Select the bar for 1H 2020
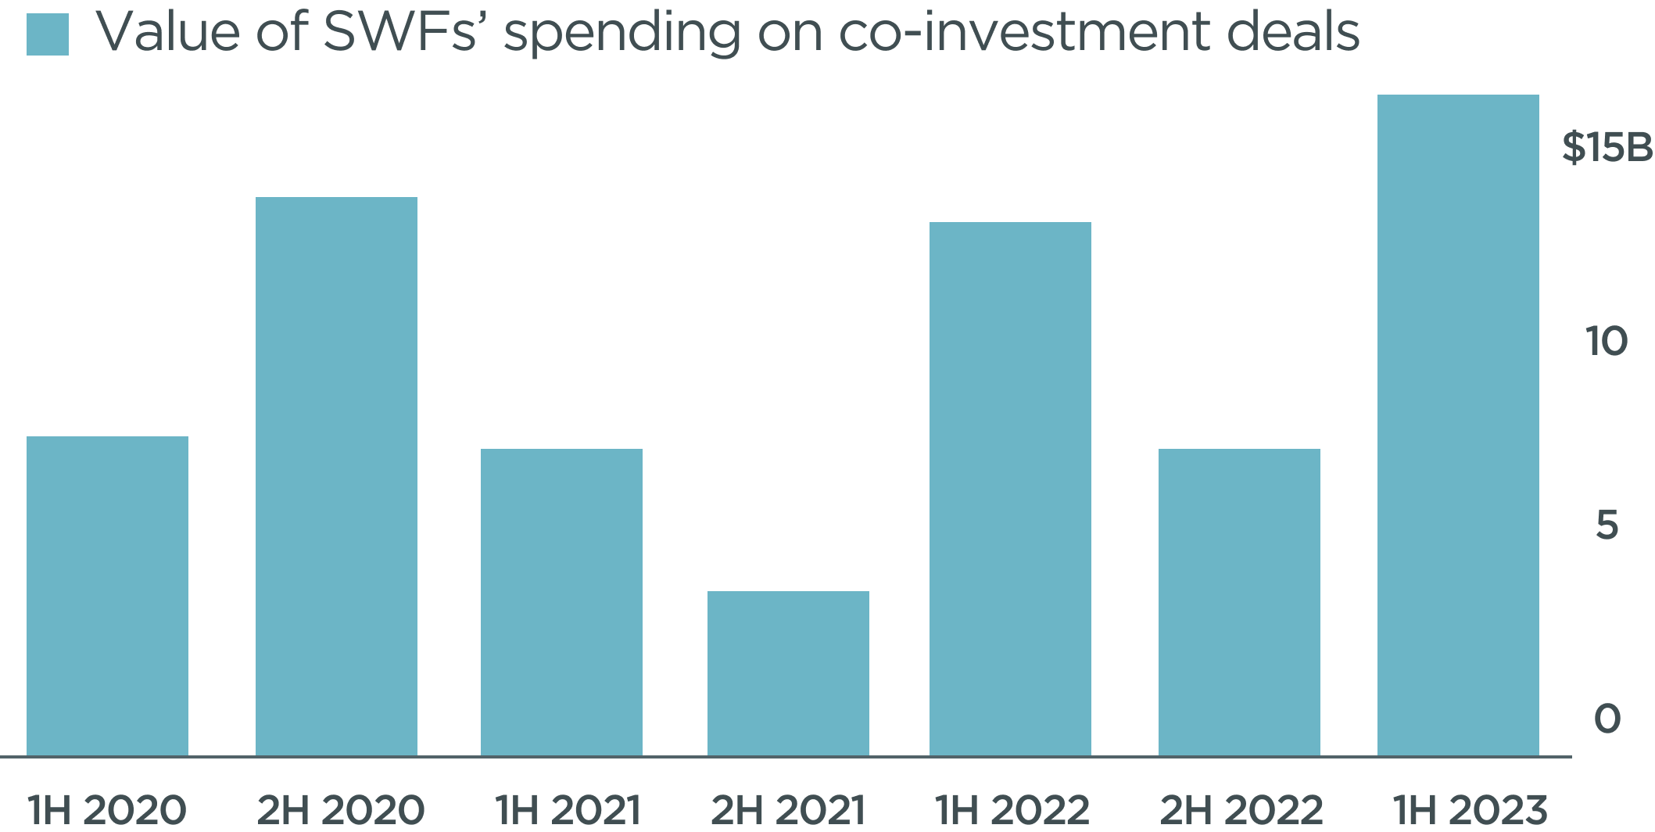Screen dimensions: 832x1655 click(x=107, y=596)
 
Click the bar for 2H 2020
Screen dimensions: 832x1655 click(x=336, y=476)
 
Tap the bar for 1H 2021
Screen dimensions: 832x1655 click(x=561, y=602)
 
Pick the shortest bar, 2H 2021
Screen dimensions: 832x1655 click(x=788, y=673)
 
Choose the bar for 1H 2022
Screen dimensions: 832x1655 click(x=1010, y=489)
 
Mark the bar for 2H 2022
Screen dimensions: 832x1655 click(x=1239, y=602)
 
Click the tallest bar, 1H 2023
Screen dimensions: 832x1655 click(x=1458, y=425)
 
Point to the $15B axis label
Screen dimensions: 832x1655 click(x=1607, y=149)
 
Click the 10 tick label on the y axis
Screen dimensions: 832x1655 click(x=1607, y=341)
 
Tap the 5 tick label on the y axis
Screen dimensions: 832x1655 click(x=1607, y=526)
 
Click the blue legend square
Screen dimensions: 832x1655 click(x=48, y=35)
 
